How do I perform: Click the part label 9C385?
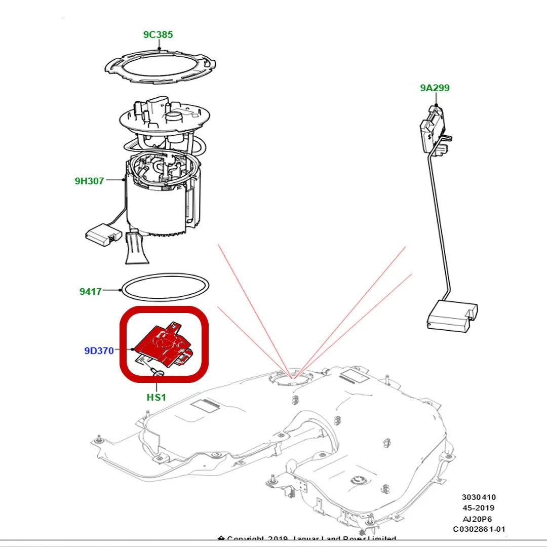(x=158, y=35)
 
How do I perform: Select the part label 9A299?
(x=435, y=88)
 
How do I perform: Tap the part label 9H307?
(x=89, y=181)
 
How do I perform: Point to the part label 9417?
(x=90, y=292)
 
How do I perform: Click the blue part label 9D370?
(x=99, y=350)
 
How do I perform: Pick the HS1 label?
(x=156, y=398)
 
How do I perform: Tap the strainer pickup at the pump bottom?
(x=137, y=248)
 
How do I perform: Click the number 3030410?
(x=478, y=497)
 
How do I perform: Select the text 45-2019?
(x=478, y=508)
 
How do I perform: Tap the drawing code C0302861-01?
(x=479, y=529)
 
